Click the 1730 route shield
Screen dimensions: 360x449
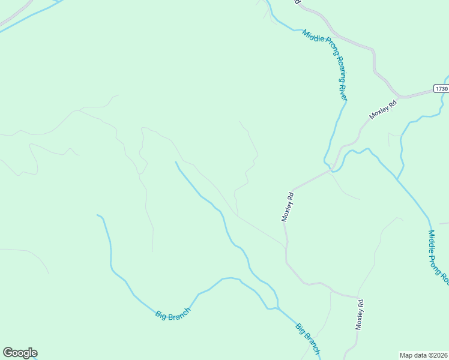click(x=441, y=89)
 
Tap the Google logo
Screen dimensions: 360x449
click(x=20, y=353)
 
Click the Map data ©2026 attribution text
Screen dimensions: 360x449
click(x=423, y=355)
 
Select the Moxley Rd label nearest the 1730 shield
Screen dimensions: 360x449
click(x=383, y=109)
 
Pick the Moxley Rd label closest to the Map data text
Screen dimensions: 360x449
click(x=360, y=314)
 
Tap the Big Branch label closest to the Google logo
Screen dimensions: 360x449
click(x=173, y=314)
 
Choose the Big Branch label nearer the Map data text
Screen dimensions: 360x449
click(x=308, y=339)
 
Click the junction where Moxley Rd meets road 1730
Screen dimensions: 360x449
click(x=400, y=97)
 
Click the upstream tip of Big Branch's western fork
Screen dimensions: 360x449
click(x=98, y=215)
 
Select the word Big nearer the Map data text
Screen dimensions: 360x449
click(x=301, y=329)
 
